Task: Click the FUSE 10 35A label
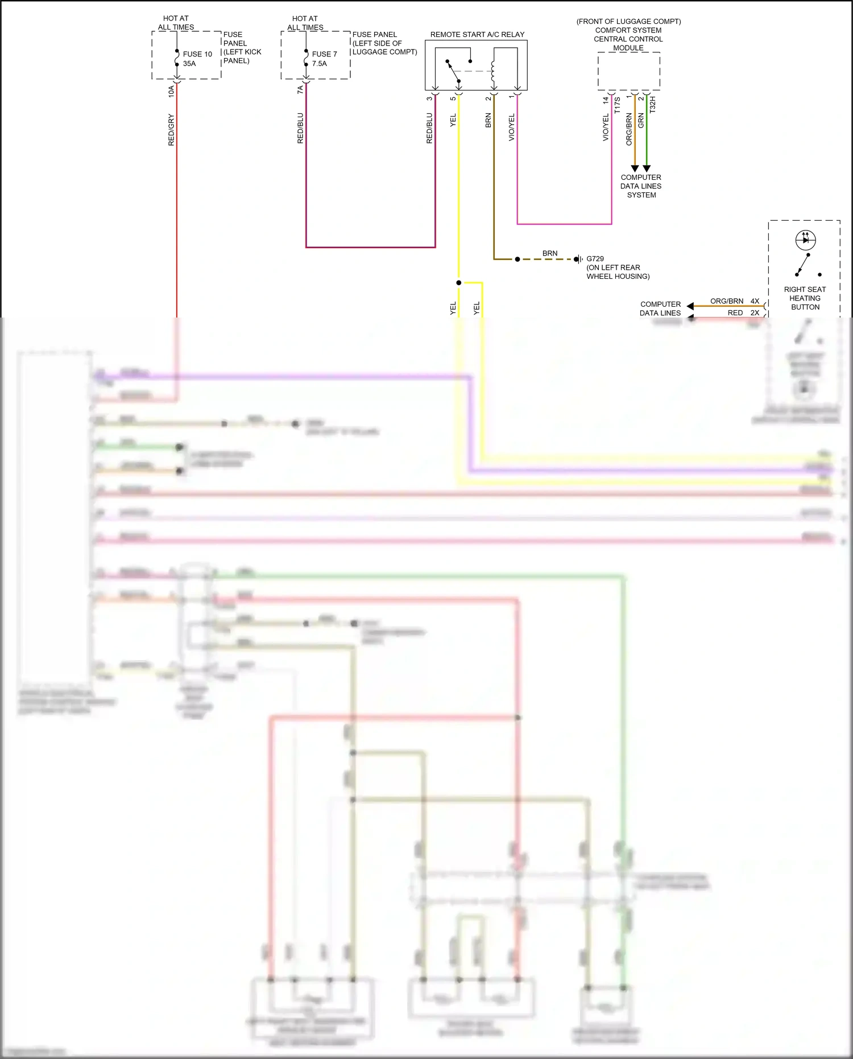click(197, 59)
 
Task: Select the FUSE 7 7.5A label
click(324, 59)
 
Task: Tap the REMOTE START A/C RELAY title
click(477, 35)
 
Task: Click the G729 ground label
click(595, 258)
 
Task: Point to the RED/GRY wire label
click(171, 130)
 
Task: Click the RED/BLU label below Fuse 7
click(300, 127)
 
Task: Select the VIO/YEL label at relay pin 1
click(511, 127)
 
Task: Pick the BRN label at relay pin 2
click(488, 120)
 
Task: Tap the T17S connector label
click(618, 105)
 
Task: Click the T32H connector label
click(653, 104)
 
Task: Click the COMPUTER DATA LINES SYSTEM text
click(641, 186)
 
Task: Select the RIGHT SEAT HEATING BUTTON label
click(805, 298)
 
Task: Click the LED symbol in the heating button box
click(805, 240)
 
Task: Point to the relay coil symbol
click(493, 71)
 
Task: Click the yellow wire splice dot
click(458, 282)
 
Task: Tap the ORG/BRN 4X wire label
click(734, 301)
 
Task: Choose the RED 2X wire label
click(743, 313)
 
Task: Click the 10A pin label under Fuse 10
click(171, 91)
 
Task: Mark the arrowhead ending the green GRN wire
click(647, 168)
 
